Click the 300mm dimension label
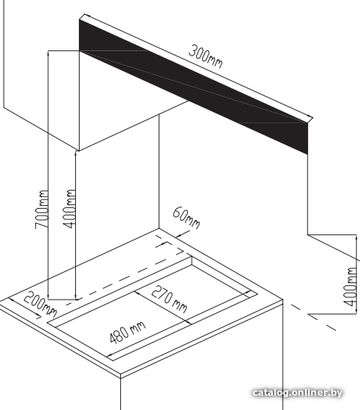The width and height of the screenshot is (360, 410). [x=206, y=57]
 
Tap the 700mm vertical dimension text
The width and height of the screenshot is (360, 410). [x=42, y=210]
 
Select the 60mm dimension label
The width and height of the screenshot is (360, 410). [x=186, y=218]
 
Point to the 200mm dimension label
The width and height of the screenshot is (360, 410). [x=40, y=304]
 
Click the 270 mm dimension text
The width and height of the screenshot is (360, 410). [x=170, y=299]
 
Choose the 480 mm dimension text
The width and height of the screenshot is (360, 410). [x=128, y=333]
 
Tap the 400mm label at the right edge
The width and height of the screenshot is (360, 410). [x=350, y=287]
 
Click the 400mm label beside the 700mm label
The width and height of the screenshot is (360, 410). [x=70, y=209]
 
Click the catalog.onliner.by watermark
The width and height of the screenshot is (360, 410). [x=298, y=393]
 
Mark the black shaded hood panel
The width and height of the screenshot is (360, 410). [x=193, y=86]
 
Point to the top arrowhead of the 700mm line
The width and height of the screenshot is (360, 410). [x=48, y=53]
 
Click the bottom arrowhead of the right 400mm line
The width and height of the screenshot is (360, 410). [x=356, y=311]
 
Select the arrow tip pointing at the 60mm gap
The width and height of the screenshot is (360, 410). [x=176, y=237]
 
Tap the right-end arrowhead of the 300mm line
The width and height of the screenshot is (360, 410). [x=311, y=117]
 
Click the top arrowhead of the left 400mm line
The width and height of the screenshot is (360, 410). [x=76, y=153]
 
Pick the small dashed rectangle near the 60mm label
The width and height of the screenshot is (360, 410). [x=170, y=249]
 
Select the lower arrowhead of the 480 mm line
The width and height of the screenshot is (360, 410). [x=110, y=356]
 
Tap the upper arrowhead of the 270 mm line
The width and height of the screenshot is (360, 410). [x=136, y=292]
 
